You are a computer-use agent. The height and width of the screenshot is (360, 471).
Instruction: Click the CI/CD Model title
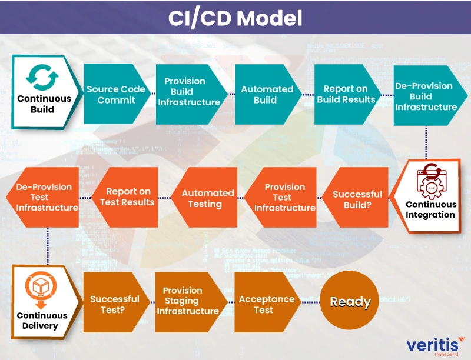click(x=235, y=18)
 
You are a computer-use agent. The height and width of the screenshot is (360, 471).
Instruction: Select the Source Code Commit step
click(x=115, y=95)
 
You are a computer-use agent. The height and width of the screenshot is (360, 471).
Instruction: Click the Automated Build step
click(x=266, y=95)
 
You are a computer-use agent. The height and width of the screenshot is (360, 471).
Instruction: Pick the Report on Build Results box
click(x=346, y=94)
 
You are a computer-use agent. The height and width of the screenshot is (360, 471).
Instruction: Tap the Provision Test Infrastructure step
click(x=281, y=198)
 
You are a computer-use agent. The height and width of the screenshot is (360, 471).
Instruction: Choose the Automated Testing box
click(x=207, y=198)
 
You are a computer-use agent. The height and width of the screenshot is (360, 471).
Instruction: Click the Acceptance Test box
click(x=266, y=304)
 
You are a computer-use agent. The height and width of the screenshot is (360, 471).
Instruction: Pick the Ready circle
click(x=350, y=302)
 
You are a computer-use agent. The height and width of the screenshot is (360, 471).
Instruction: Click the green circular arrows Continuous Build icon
click(x=42, y=78)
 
